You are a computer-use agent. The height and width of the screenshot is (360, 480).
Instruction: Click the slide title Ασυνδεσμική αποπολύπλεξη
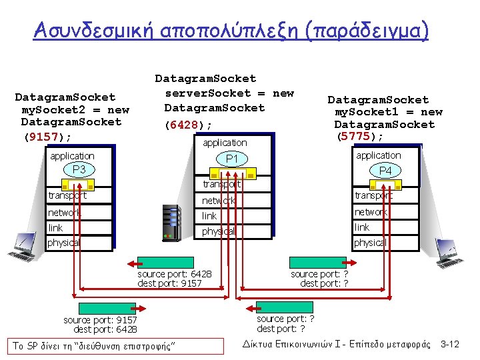coord(231,29)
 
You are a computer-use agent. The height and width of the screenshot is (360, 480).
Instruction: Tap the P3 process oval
coord(79,170)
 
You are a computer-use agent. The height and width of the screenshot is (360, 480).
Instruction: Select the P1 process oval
coord(232,159)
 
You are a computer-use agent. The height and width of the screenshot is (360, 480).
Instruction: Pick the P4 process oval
coord(385,171)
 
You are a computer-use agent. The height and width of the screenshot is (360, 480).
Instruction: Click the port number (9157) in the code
coord(47,137)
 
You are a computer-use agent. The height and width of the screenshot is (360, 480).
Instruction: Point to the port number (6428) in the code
coord(189,125)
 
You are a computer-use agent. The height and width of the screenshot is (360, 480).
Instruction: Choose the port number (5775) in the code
coord(360,137)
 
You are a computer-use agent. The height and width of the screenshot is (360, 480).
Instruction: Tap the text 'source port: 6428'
coord(175,274)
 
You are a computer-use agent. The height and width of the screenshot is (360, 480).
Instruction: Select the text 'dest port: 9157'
coord(169,283)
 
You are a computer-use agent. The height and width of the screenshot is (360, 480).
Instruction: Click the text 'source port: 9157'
coord(101,320)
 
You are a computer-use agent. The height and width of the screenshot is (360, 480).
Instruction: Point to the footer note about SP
coord(95,345)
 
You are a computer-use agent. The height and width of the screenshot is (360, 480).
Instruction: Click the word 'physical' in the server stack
coord(219,231)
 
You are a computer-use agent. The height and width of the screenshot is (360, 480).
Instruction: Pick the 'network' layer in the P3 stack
coord(64,213)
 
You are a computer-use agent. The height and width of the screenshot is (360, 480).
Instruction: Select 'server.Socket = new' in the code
coord(229,93)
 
